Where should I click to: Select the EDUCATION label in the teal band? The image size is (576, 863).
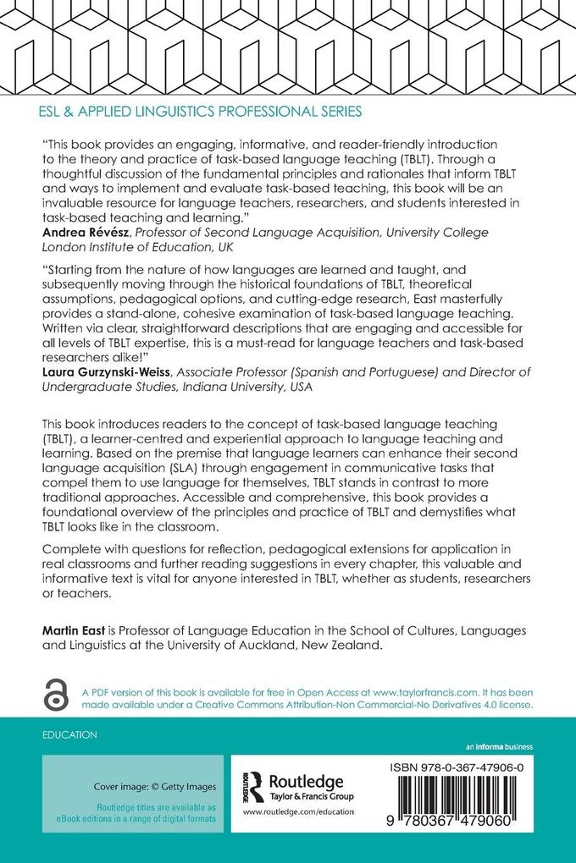click(69, 735)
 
